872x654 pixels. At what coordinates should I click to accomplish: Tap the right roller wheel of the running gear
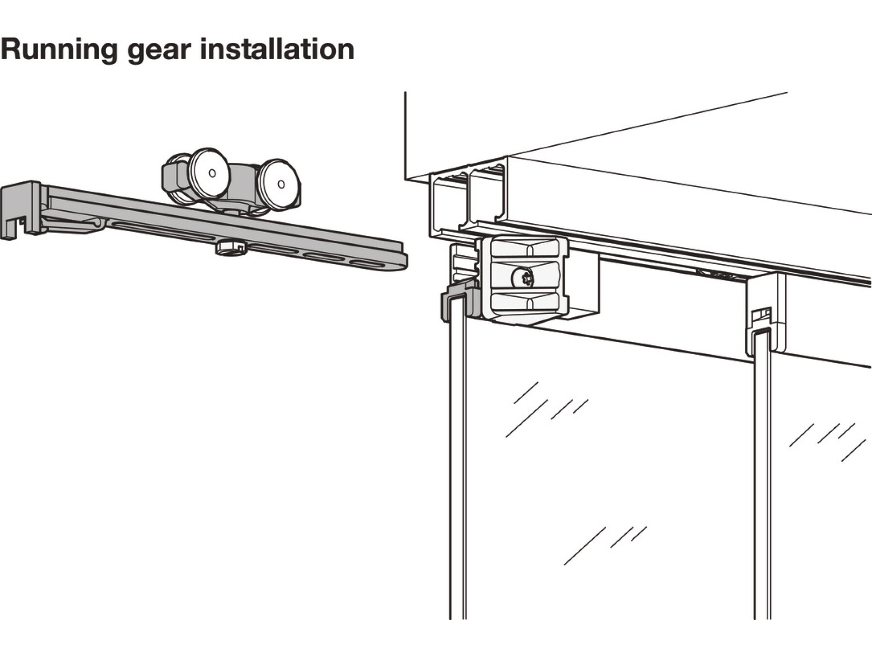[278, 185]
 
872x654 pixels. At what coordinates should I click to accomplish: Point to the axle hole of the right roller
[281, 184]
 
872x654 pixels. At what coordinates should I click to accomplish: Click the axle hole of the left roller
[212, 172]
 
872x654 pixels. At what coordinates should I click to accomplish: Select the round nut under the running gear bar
[231, 248]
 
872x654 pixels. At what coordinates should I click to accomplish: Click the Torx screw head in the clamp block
[522, 279]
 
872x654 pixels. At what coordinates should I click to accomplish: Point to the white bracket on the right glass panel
[765, 315]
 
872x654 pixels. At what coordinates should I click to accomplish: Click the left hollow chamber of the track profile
[448, 203]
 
